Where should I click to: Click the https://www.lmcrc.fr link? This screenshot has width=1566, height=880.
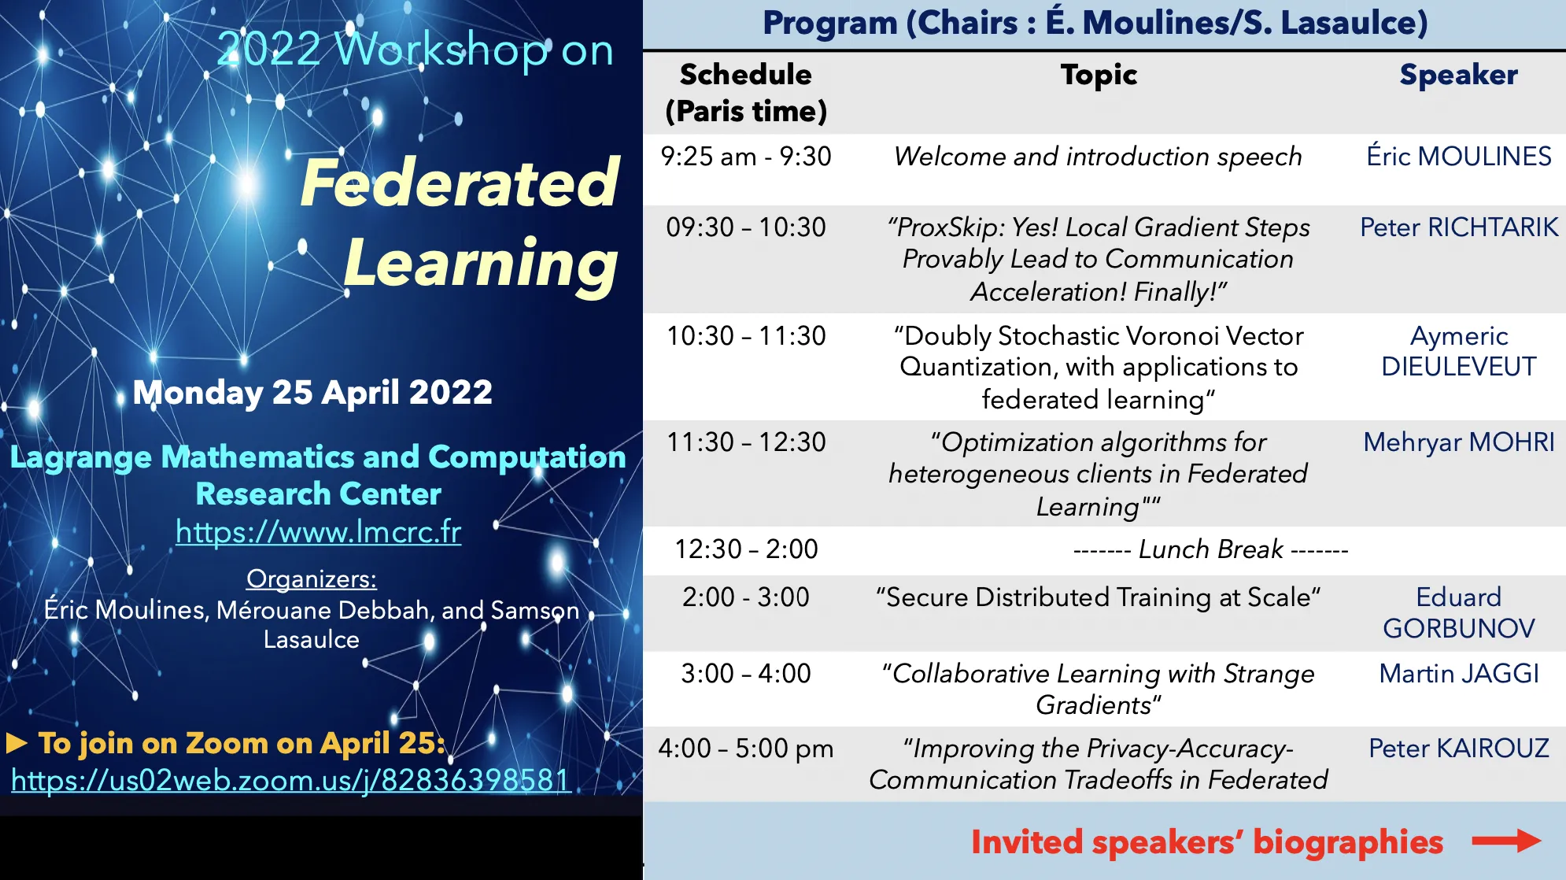318,532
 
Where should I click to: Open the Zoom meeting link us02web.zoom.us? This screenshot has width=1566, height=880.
290,779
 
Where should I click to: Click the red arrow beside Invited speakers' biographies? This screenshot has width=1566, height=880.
1506,841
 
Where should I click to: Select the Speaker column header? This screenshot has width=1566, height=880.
1458,75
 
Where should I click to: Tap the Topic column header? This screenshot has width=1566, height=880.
1099,76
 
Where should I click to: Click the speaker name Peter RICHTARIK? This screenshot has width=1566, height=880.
1459,227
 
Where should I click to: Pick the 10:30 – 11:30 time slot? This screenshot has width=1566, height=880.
746,336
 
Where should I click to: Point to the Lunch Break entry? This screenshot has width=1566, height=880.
1211,549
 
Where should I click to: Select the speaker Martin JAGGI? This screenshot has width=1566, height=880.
1459,674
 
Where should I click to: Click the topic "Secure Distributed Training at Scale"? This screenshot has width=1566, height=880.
1098,597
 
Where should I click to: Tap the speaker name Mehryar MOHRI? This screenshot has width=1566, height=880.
1459,442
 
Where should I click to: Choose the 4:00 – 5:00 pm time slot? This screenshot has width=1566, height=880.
746,749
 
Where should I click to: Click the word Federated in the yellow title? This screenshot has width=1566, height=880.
460,183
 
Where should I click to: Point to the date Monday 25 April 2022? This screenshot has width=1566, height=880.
312,392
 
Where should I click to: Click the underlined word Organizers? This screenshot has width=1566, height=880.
312,579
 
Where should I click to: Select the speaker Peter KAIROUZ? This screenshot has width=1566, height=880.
1459,748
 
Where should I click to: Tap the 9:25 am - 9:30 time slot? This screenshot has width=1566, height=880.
746,157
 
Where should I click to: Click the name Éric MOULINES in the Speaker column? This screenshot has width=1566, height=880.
1459,156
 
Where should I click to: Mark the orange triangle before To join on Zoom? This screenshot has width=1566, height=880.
17,743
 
